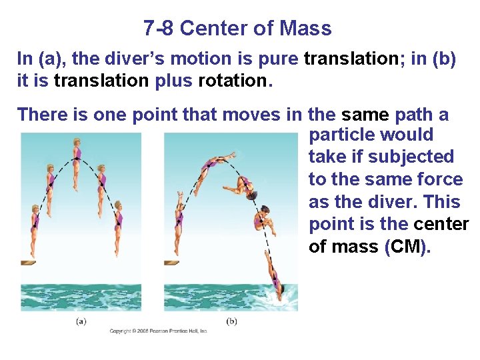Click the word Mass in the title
pos(305,29)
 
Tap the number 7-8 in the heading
pos(158,29)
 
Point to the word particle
pos(342,135)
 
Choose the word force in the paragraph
pos(437,179)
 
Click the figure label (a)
pos(81,321)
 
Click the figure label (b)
pos(231,321)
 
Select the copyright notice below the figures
pos(159,331)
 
